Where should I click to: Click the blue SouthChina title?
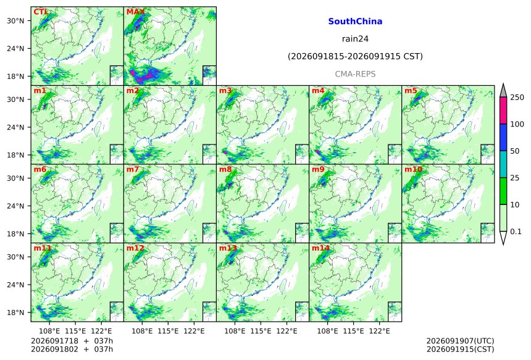(x=355, y=22)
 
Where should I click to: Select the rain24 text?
(x=355, y=39)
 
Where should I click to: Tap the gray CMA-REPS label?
(x=355, y=74)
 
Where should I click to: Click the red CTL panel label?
(x=40, y=12)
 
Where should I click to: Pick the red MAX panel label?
(x=135, y=12)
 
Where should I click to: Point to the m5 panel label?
(x=411, y=91)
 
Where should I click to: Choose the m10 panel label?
(x=413, y=169)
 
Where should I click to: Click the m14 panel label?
(x=320, y=248)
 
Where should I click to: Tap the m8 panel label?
(x=225, y=169)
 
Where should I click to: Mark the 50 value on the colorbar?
(x=515, y=151)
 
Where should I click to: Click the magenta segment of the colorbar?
(x=503, y=111)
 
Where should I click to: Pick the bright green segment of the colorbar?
(x=503, y=191)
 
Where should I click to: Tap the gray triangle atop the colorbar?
(x=503, y=90)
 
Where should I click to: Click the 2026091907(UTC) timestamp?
(x=460, y=341)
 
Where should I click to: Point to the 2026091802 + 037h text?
(x=72, y=350)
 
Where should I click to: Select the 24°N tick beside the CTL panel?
(x=15, y=48)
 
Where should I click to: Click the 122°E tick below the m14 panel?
(x=379, y=331)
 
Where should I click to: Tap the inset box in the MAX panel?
(x=209, y=75)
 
